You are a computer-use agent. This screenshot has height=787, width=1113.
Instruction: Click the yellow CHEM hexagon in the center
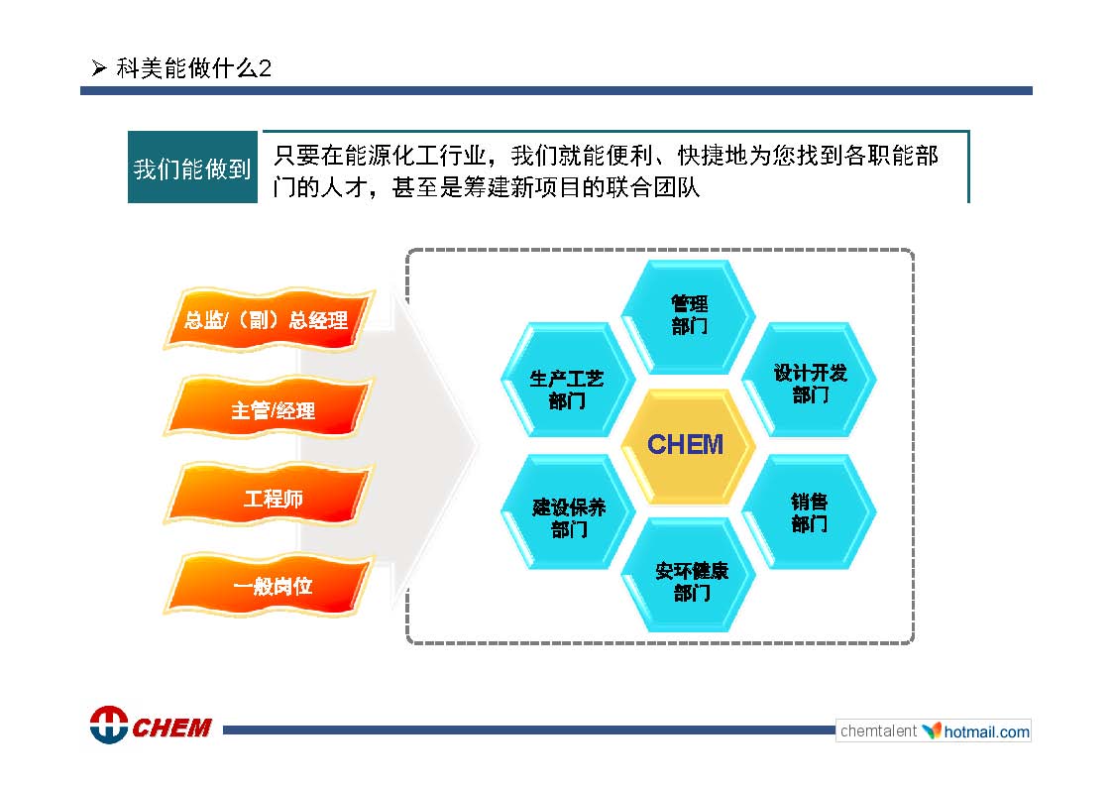[x=687, y=446]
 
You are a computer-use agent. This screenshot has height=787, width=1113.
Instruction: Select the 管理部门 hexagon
[x=688, y=316]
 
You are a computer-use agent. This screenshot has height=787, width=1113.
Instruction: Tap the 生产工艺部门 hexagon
[x=567, y=380]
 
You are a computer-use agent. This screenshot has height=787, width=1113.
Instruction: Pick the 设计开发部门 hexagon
[x=809, y=380]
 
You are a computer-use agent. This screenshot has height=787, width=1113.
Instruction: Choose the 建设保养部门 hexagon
[x=567, y=511]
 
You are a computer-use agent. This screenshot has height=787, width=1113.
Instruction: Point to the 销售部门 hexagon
[x=809, y=511]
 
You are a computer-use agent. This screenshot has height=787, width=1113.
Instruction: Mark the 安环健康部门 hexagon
[x=688, y=575]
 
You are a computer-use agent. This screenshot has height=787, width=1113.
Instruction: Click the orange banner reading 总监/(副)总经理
[x=269, y=319]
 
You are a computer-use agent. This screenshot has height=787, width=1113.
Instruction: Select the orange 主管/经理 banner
[x=269, y=408]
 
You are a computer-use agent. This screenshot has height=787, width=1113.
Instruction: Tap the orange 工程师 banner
[x=269, y=497]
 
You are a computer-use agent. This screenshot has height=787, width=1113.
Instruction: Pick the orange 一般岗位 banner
[x=269, y=584]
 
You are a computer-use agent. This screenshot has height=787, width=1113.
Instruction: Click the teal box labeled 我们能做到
[x=192, y=167]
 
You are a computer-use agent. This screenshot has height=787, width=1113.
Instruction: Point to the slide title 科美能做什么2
[x=194, y=68]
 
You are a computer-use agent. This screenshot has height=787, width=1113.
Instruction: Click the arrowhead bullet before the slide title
[x=99, y=68]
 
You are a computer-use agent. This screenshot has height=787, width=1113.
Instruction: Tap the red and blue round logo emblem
[x=109, y=726]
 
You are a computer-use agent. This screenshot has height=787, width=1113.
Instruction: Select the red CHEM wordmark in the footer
[x=171, y=728]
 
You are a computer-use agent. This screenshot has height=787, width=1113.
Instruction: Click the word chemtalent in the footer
[x=879, y=731]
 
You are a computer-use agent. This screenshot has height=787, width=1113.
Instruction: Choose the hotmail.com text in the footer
[x=987, y=731]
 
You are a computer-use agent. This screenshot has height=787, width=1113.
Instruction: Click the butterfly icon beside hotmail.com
[x=932, y=731]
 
